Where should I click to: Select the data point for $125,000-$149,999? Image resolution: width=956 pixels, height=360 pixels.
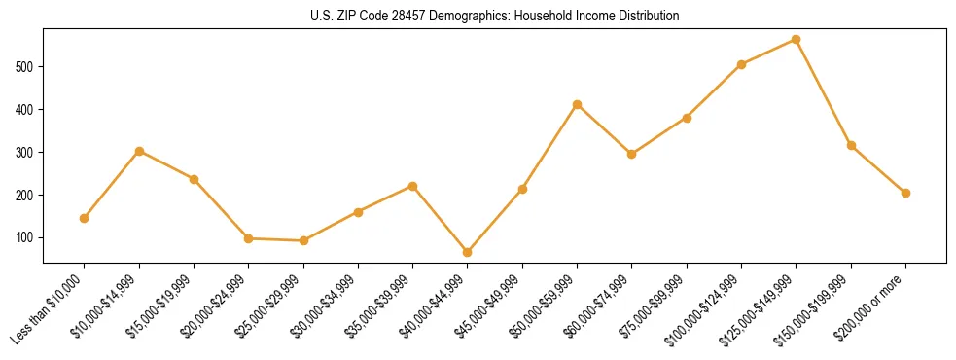tap(797, 40)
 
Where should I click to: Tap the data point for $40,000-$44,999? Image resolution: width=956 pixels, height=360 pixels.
tap(468, 252)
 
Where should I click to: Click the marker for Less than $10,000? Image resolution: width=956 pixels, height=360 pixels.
tap(85, 218)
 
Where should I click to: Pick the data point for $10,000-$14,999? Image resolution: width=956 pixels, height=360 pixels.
tap(139, 151)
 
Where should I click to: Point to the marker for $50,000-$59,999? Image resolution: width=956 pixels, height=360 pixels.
tap(578, 104)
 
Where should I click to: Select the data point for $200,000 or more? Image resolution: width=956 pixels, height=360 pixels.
tap(905, 193)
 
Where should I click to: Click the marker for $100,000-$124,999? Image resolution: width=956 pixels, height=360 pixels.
tap(742, 64)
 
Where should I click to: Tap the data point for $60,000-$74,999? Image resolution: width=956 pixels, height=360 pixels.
tap(632, 154)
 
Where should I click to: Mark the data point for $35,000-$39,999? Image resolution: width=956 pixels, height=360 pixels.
tap(413, 186)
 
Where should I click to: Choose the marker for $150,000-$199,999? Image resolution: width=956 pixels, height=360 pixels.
tap(851, 146)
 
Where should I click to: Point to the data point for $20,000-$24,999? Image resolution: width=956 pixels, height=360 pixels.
tap(249, 238)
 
